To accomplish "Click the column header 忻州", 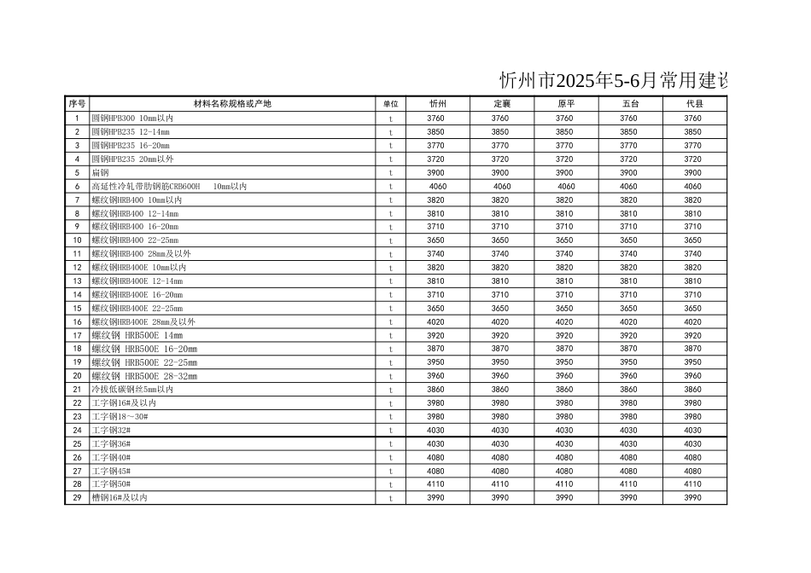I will point(436,104).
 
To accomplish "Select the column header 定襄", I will point(501,104).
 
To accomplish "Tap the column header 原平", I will point(565,104).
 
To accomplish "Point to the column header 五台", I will point(629,104).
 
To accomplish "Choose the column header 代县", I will point(694,104).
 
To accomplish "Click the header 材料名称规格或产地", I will point(232,104).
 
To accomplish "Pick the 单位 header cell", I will point(391,104).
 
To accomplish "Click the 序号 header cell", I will point(77,104).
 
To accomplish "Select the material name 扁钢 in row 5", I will point(100,173).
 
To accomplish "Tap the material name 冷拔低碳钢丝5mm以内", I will point(132,390).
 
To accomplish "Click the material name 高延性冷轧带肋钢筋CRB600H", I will point(146,187).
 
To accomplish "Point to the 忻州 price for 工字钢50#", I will point(436,484).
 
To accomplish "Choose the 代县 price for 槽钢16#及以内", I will point(693,498).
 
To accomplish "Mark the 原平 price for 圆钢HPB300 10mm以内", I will point(565,119).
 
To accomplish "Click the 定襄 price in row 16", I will point(500,322).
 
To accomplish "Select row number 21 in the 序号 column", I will point(77,390).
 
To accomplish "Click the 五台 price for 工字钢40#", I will point(628,458).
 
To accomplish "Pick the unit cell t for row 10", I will point(391,241).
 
